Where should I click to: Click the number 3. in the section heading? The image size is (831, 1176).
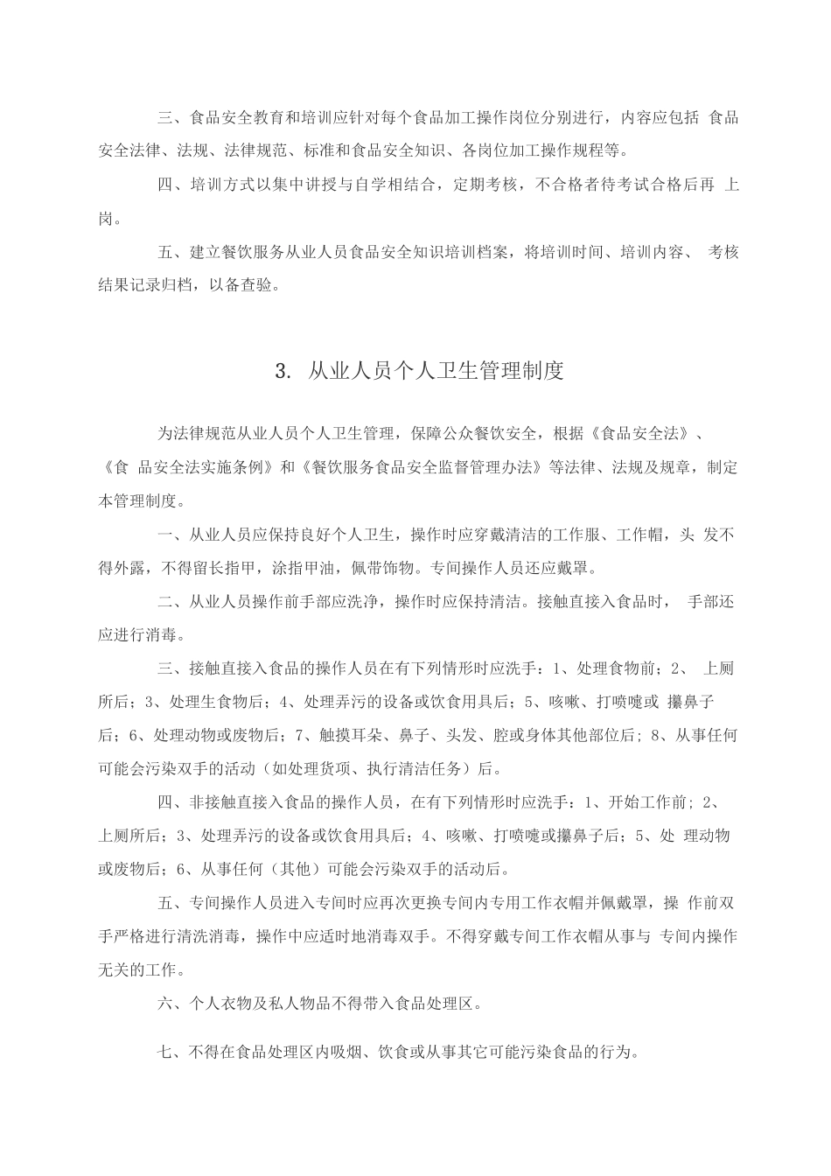coord(282,371)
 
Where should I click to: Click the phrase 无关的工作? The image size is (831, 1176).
coord(140,969)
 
